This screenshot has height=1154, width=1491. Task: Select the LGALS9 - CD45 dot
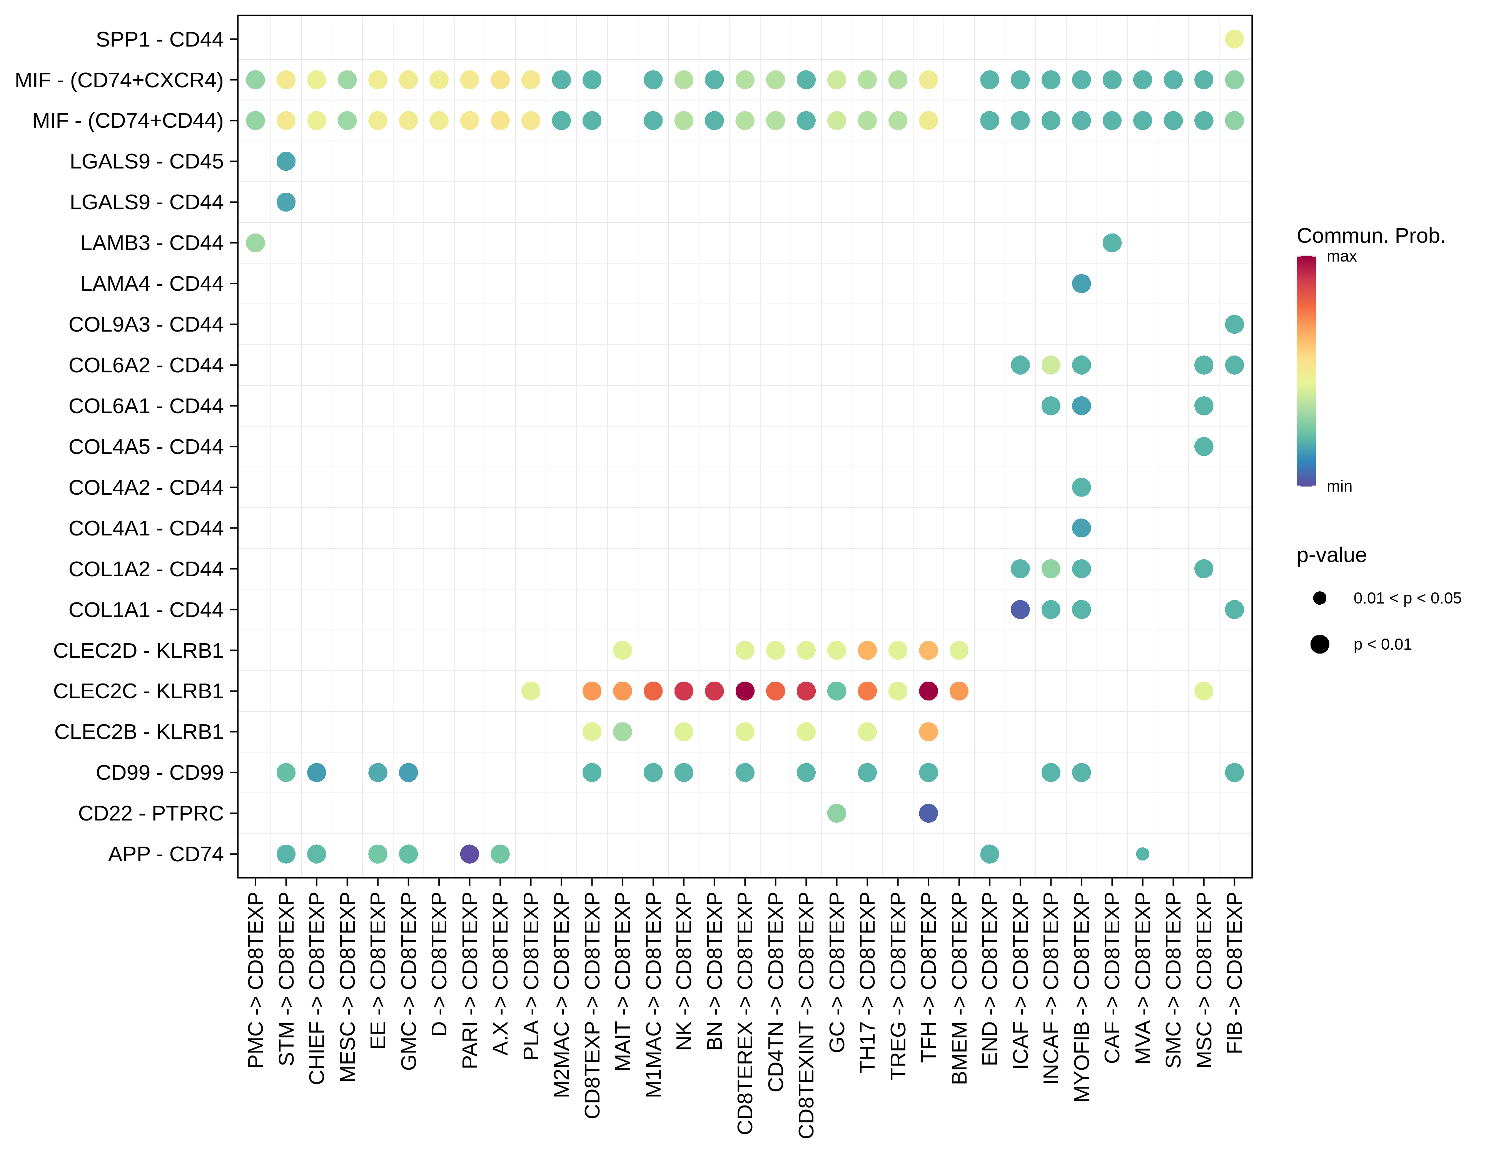point(286,162)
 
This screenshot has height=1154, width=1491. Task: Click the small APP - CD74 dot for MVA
point(1142,854)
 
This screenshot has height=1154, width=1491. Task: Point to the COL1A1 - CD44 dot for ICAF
point(1020,609)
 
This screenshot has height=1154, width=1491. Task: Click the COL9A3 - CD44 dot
point(1234,324)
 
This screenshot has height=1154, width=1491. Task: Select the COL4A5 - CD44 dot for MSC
point(1204,446)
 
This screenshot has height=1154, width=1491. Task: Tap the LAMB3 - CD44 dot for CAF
point(1112,243)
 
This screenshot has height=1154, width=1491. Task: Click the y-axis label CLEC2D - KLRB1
point(139,650)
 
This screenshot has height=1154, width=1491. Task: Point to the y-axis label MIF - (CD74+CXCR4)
point(119,80)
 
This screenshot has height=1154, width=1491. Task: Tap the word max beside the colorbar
point(1341,257)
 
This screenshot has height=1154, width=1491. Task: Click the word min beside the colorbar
point(1339,487)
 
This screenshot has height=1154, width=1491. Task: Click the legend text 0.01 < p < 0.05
point(1407,599)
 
